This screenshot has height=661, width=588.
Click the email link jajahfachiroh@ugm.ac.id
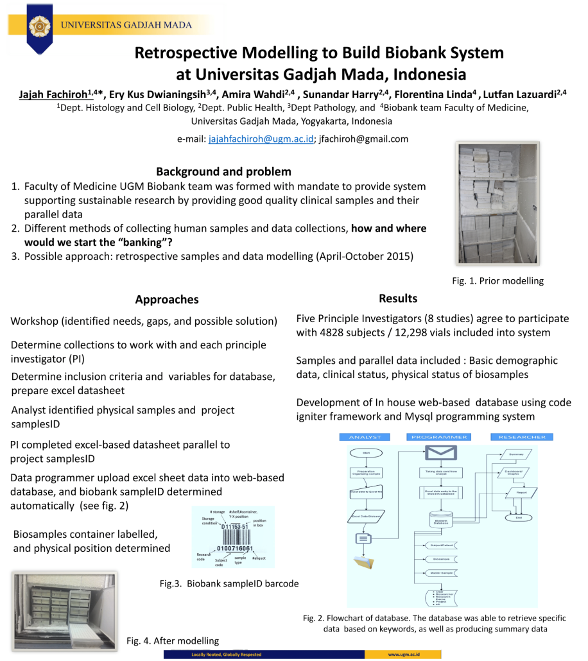pyautogui.click(x=261, y=139)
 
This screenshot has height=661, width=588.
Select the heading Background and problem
pyautogui.click(x=223, y=171)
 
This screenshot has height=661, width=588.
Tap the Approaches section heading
pyautogui.click(x=167, y=300)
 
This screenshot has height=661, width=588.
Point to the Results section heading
pyautogui.click(x=398, y=298)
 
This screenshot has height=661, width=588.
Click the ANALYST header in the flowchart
pyautogui.click(x=365, y=437)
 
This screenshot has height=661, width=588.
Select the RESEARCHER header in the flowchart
pyautogui.click(x=522, y=437)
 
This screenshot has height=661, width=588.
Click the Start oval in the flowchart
pyautogui.click(x=366, y=452)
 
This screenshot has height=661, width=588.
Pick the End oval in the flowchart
pyautogui.click(x=519, y=517)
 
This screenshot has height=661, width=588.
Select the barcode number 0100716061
pyautogui.click(x=235, y=549)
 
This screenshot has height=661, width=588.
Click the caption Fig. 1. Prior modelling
pyautogui.click(x=497, y=280)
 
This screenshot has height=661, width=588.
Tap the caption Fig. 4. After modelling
pyautogui.click(x=172, y=640)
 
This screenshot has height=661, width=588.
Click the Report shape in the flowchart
pyautogui.click(x=521, y=493)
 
